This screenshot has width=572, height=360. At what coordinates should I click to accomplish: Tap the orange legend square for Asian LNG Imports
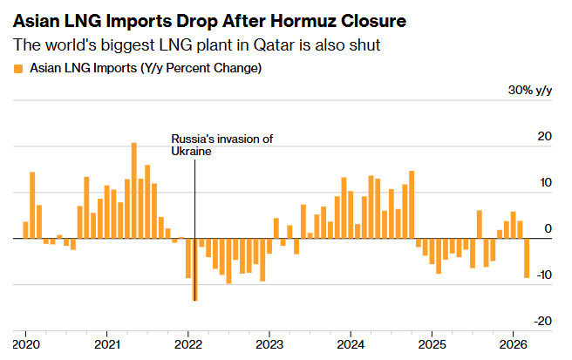pos(18,67)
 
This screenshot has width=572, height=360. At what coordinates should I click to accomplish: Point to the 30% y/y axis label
pos(529,91)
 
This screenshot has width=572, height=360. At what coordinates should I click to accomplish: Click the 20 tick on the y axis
pos(545,137)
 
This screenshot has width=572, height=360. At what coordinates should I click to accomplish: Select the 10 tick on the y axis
pos(545,183)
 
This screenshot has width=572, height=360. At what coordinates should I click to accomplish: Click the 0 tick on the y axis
pos(548,228)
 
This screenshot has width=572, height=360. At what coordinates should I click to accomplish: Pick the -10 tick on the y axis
pos(543,275)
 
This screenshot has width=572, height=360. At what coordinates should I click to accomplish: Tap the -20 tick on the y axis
pos(543,321)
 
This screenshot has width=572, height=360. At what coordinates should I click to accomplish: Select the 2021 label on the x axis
pos(107,343)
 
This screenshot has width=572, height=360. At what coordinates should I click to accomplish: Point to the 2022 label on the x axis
pos(188,343)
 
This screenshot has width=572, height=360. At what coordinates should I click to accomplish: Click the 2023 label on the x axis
pos(269,343)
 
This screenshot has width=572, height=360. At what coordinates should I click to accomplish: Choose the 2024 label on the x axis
pos(351,343)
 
